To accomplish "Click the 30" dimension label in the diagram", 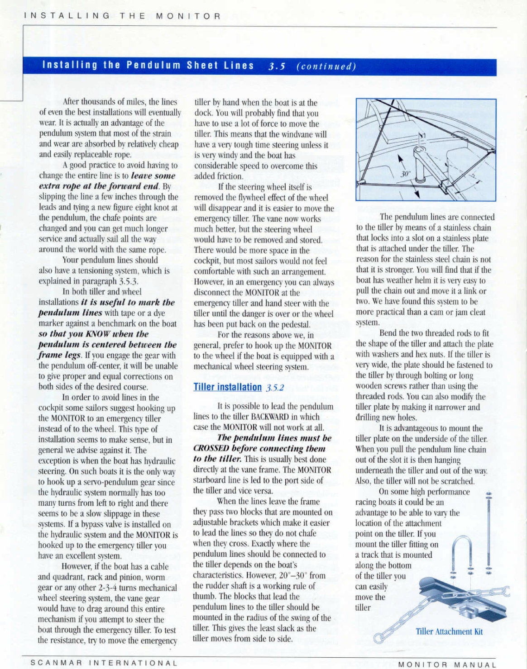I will click(x=405, y=173).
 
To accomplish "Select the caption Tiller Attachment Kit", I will click(x=449, y=631).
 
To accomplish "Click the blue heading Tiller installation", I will click(x=227, y=387).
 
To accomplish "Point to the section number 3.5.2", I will click(x=275, y=388).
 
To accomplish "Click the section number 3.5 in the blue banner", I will click(x=276, y=66).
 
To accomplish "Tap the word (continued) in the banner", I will click(x=326, y=66).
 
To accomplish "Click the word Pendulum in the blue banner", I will click(x=153, y=65).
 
